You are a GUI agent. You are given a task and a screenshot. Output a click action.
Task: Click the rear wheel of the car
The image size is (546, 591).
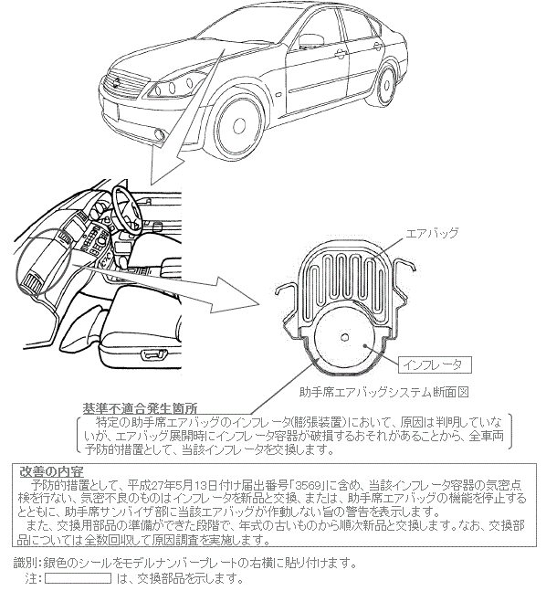pyautogui.click(x=386, y=85)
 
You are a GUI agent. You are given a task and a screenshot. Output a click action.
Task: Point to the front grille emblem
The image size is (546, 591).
pyautogui.click(x=118, y=81)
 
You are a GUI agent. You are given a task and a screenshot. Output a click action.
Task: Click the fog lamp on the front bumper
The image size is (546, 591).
pyautogui.click(x=160, y=133)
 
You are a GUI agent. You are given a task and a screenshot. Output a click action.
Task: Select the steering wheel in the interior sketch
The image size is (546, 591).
pyautogui.click(x=127, y=208)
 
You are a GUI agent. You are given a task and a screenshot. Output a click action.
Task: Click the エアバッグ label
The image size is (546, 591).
pyautogui.click(x=432, y=233)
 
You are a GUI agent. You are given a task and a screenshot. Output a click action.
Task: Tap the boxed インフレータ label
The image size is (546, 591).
pyautogui.click(x=435, y=364)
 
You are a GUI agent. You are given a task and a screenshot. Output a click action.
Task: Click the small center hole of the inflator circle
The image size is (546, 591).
pyautogui.click(x=344, y=337)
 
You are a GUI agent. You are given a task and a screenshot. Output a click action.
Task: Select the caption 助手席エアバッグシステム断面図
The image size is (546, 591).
pyautogui.click(x=384, y=393)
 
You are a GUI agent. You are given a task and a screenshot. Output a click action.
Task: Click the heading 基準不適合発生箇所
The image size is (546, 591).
pyautogui.click(x=140, y=408)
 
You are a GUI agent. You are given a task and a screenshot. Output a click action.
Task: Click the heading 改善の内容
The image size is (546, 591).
pyautogui.click(x=52, y=471)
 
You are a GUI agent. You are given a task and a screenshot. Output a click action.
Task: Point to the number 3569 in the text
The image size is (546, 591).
pyautogui.click(x=309, y=485)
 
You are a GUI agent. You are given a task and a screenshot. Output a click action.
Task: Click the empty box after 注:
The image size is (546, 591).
pyautogui.click(x=79, y=578)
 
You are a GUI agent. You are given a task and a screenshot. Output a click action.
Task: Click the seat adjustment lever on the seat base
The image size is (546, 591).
pyautogui.click(x=153, y=354)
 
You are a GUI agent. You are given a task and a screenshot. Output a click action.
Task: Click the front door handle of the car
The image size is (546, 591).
pyautogui.click(x=340, y=54)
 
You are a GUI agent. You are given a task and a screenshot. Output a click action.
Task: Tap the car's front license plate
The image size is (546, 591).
pyautogui.click(x=110, y=111)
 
